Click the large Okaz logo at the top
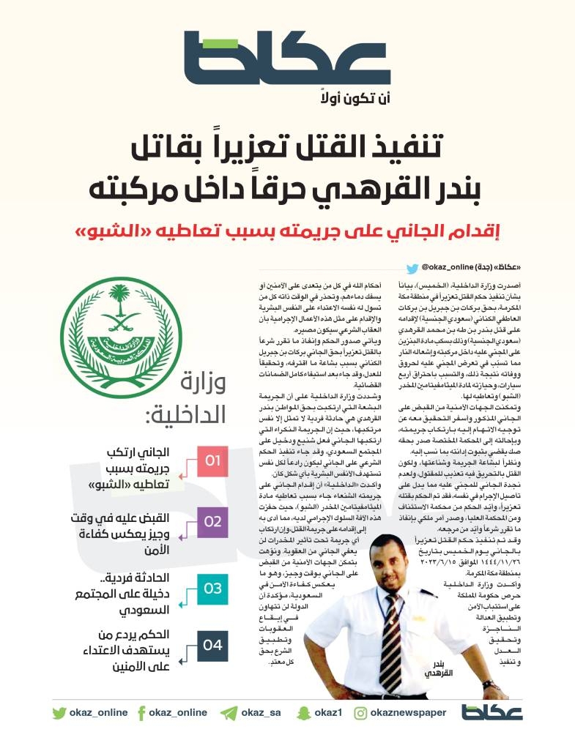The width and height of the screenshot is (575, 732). (x=287, y=59)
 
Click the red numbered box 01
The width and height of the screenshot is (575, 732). (x=212, y=461)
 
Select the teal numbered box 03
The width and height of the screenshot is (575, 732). (x=212, y=588)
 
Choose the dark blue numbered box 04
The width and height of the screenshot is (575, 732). (x=212, y=646)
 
